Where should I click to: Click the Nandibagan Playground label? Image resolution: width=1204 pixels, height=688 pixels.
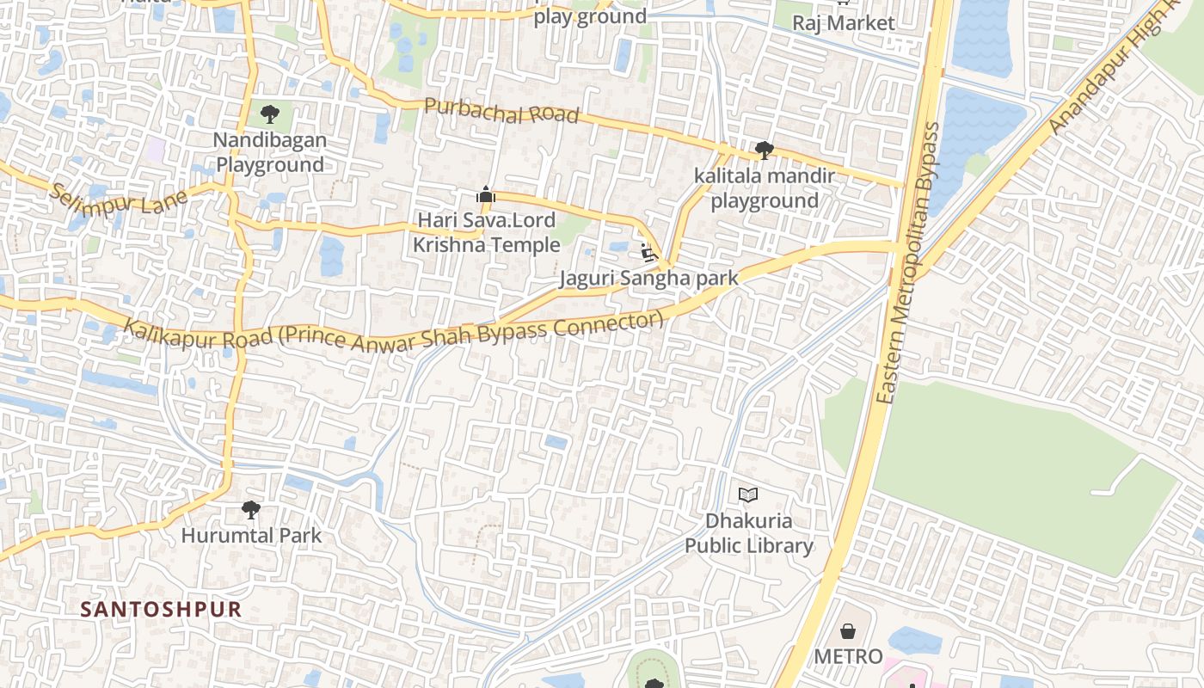pos(270,152)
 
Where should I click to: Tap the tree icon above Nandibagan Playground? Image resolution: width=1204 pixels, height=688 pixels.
pos(270,113)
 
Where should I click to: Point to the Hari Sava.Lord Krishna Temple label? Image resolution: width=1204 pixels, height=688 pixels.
pos(487,233)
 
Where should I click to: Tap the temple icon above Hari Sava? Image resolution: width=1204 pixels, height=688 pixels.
pos(486,195)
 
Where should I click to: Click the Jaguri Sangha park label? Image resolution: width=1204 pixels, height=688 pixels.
pos(649,279)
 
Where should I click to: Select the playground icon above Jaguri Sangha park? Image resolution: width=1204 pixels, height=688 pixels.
pos(649,253)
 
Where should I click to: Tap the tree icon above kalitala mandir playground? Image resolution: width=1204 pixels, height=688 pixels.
pos(764,150)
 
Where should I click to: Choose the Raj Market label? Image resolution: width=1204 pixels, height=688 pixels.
pos(843,23)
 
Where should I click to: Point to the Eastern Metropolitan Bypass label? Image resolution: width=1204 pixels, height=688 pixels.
pos(910,263)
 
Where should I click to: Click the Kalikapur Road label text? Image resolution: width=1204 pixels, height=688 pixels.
pos(394,334)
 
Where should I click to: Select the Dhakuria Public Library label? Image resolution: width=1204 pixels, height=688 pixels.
pos(748,533)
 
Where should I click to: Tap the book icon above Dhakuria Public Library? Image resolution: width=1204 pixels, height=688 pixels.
pos(748,494)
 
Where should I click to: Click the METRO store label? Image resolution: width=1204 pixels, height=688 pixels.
pos(848,657)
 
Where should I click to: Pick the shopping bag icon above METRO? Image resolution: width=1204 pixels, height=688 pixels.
pos(848,631)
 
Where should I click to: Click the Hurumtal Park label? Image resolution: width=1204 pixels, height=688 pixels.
pos(251,536)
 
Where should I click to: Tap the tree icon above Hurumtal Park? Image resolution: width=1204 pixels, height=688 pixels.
pos(250,510)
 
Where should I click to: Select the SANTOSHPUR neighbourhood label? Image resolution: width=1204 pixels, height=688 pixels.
pos(161,610)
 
